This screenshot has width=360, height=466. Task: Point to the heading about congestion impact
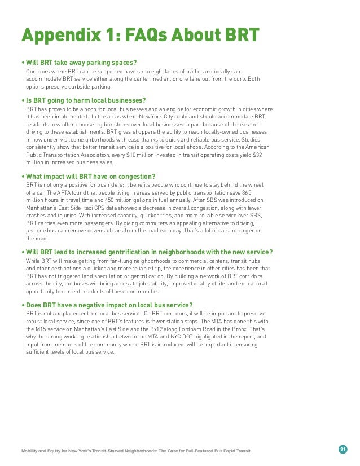(x=89, y=177)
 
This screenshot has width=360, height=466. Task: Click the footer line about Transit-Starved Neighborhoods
(x=135, y=451)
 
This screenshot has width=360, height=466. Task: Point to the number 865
(x=258, y=192)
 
